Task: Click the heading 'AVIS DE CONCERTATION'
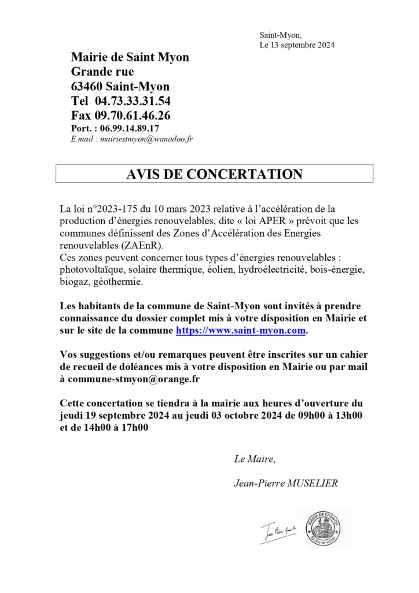click(214, 174)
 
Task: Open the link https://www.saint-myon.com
click(240, 331)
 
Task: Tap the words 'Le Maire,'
click(255, 460)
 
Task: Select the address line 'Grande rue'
click(102, 72)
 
